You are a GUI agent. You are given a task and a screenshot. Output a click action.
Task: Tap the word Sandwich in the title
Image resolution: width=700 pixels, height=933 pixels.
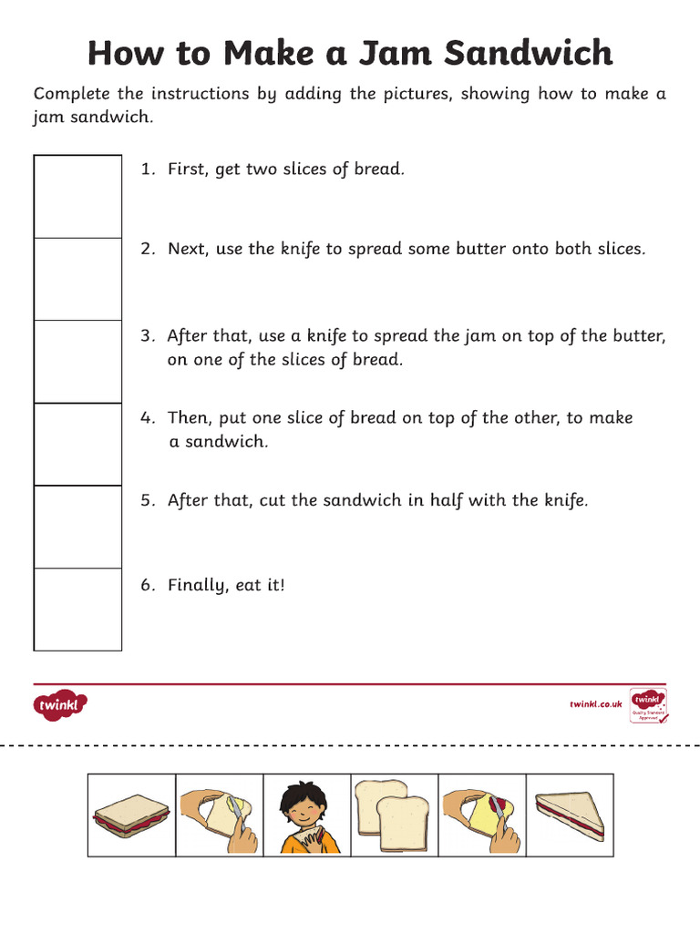tap(530, 54)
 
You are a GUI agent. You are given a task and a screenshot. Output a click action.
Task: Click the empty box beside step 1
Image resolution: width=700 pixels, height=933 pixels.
tap(77, 197)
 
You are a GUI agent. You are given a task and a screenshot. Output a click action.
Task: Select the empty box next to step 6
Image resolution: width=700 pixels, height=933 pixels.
tap(77, 610)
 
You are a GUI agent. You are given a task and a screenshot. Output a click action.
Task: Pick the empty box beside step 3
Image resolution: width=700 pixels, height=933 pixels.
tap(77, 362)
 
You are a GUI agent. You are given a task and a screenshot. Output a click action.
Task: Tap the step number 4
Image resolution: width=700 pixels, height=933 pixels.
tap(146, 417)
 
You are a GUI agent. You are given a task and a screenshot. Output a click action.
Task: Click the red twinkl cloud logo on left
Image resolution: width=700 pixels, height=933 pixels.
tap(61, 704)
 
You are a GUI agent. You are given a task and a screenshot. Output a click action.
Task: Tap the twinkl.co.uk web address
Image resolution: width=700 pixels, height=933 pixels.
tap(595, 704)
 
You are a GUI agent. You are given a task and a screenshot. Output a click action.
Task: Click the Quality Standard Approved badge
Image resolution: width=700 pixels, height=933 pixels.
tap(648, 706)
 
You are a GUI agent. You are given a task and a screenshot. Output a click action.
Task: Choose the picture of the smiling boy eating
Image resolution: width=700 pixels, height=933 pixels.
tap(307, 815)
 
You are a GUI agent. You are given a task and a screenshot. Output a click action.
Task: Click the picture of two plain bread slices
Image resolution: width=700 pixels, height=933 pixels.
tap(392, 814)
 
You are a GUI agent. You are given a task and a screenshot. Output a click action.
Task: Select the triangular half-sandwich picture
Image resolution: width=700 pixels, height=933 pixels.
tap(570, 815)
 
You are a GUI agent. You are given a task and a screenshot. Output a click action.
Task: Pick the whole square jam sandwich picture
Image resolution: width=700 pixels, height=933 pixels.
tap(131, 815)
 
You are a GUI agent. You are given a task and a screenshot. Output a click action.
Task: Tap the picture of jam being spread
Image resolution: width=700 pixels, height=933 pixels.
tap(481, 814)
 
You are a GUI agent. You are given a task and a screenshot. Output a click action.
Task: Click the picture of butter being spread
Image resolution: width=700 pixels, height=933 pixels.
tap(219, 815)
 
